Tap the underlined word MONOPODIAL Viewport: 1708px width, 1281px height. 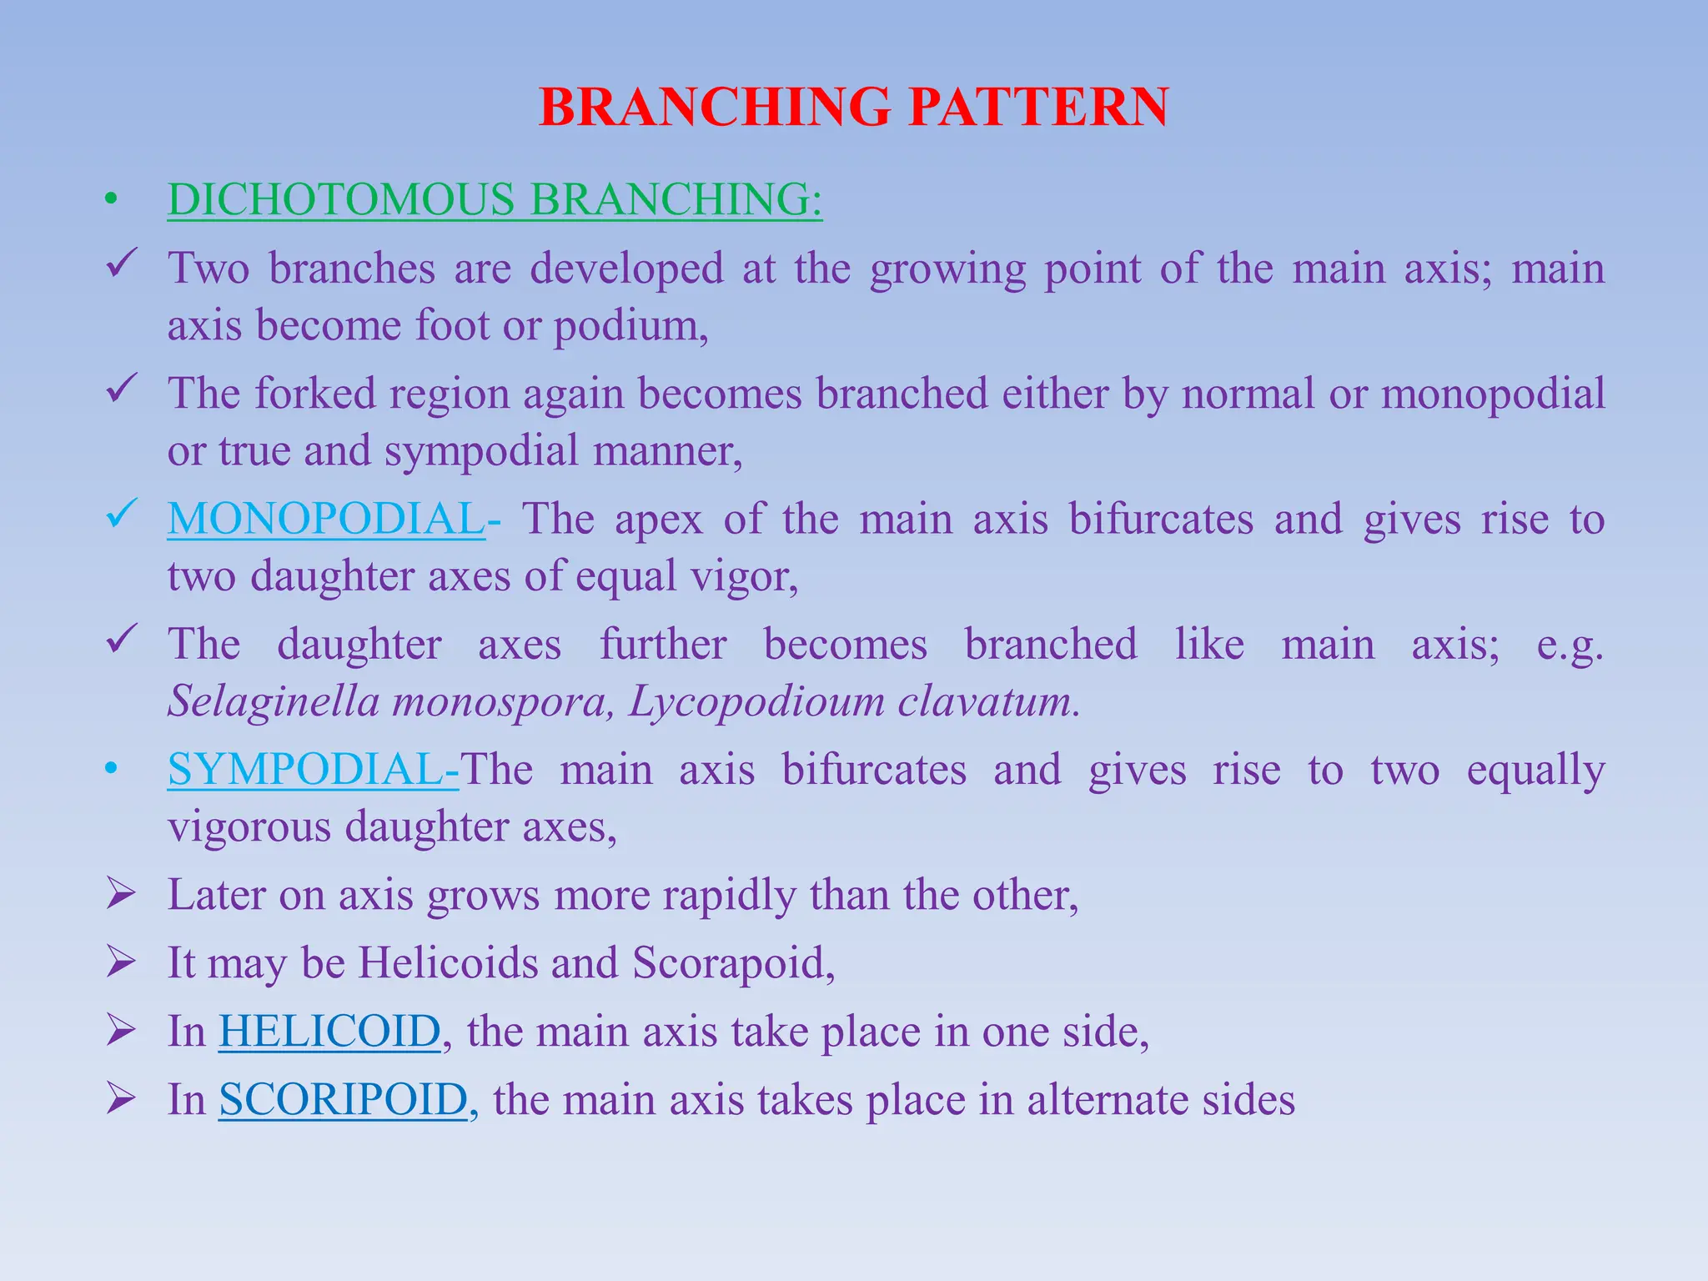tap(326, 519)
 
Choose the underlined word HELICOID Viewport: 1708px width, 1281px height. tap(329, 1032)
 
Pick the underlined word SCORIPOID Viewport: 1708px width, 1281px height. tap(343, 1100)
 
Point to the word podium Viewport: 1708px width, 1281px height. tap(630, 326)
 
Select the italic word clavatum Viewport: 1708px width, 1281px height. tap(989, 701)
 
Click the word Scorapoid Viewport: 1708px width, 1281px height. tap(733, 963)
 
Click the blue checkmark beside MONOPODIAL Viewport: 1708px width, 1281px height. tap(122, 515)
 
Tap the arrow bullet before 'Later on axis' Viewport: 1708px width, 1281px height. tap(122, 894)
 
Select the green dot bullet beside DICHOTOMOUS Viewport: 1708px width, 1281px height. tap(110, 201)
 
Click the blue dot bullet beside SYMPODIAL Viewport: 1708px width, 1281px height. tap(110, 770)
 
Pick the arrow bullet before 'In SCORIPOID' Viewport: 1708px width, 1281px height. tap(122, 1099)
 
